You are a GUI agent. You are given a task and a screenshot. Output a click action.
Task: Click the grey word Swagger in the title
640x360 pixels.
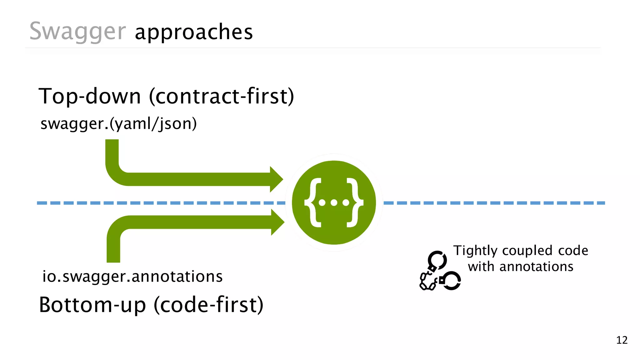tap(77, 31)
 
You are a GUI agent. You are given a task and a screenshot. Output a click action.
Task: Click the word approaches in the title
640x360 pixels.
tap(194, 32)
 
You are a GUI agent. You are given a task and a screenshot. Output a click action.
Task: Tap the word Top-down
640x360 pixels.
tap(89, 96)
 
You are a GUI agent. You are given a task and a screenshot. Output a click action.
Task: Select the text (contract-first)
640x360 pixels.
tap(222, 96)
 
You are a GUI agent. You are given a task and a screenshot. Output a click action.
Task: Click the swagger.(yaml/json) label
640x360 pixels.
tap(118, 123)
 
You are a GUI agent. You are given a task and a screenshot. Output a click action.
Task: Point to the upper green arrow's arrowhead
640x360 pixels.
tap(276, 179)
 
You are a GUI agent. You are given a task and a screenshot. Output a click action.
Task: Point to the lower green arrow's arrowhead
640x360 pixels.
tap(277, 222)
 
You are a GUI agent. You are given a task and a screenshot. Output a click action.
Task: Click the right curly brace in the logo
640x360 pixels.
tap(355, 202)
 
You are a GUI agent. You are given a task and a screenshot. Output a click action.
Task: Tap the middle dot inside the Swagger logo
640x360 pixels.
tap(334, 203)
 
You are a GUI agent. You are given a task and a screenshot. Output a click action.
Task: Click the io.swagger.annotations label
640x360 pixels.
tap(132, 277)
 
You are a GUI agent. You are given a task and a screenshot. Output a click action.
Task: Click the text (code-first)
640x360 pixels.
tap(209, 305)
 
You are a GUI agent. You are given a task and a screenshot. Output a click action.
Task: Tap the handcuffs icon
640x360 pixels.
tap(439, 271)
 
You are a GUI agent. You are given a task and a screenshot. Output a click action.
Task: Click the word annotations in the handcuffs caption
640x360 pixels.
tap(536, 267)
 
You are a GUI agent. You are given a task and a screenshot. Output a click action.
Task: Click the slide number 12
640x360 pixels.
tap(622, 340)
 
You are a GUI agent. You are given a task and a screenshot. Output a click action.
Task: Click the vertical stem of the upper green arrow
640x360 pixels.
tap(112, 153)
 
